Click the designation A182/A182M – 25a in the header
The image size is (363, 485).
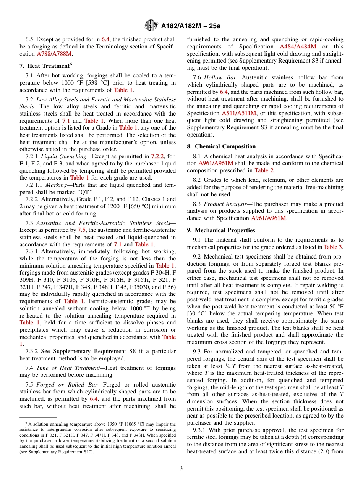(x=191, y=26)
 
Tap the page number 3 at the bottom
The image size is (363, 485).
(x=181, y=468)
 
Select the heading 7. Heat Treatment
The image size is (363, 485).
(x=44, y=66)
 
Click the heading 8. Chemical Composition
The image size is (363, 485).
(x=221, y=146)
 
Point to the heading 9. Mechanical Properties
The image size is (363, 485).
(x=221, y=230)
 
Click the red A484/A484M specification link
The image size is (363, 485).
(x=298, y=47)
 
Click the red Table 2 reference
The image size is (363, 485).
(x=264, y=170)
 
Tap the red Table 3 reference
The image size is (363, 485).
(x=333, y=247)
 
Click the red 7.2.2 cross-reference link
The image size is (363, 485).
(x=158, y=156)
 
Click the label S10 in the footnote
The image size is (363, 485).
(x=88, y=452)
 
